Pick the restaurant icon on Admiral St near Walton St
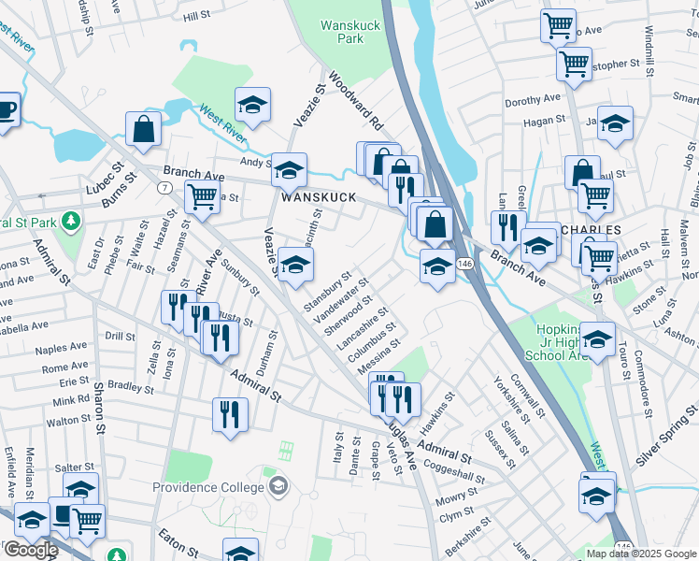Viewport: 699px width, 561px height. click(x=230, y=413)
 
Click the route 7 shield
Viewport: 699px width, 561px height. click(x=164, y=188)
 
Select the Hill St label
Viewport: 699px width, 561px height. click(x=197, y=16)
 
